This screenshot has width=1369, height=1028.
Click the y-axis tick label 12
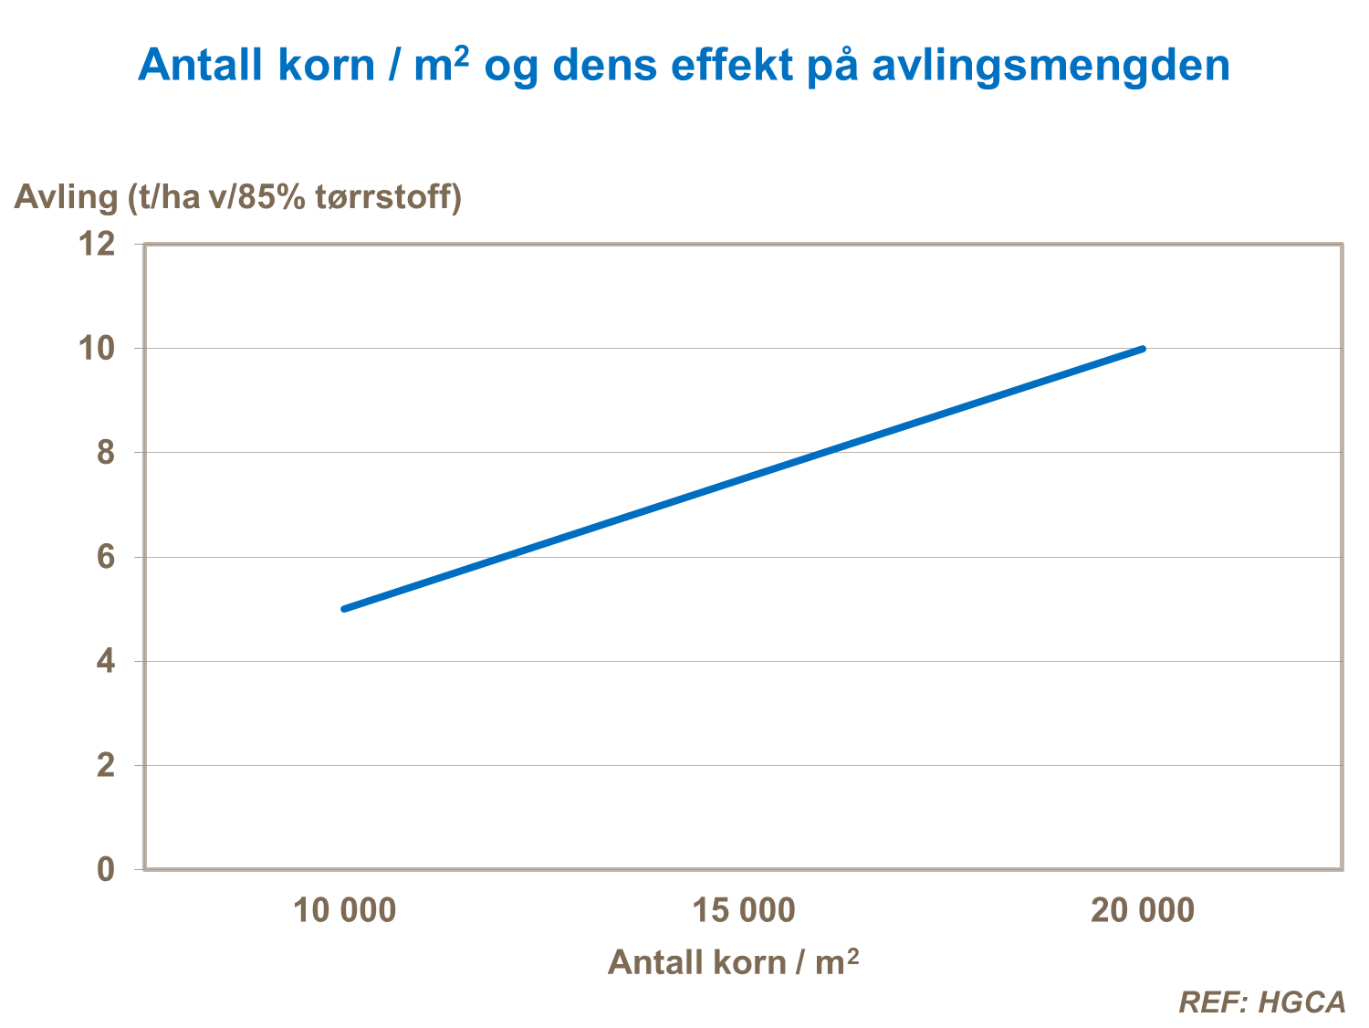point(98,244)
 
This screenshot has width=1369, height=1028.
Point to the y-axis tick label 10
point(98,348)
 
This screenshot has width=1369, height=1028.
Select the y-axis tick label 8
point(106,452)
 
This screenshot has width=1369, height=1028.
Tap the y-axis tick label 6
point(106,557)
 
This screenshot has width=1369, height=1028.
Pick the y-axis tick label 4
point(106,661)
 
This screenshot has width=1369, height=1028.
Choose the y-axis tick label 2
point(106,765)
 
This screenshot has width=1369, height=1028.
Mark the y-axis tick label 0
point(106,869)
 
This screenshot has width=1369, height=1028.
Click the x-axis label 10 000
point(345,910)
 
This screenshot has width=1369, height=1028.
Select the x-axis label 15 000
point(744,910)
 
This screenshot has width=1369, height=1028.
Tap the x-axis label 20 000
point(1143,910)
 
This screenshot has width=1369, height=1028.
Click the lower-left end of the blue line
point(345,608)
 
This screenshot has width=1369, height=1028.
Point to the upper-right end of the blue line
point(1142,349)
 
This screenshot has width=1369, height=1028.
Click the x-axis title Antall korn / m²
point(733,962)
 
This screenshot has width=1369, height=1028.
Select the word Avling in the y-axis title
point(67,197)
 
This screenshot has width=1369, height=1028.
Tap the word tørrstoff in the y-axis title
point(387,197)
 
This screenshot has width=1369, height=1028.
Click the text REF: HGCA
point(1262,1002)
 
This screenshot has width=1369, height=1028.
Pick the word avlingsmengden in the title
point(1050,66)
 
